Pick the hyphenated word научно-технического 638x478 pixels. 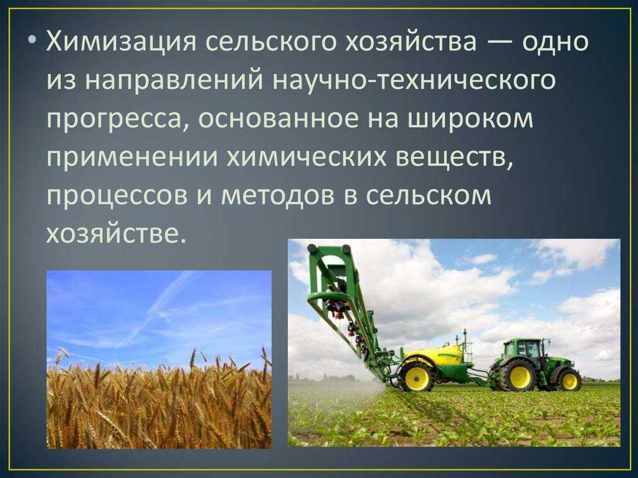[x=414, y=80]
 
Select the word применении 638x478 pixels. [x=132, y=158]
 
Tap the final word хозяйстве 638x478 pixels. [x=113, y=234]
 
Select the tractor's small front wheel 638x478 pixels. [x=569, y=380]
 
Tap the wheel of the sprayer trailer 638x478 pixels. [x=416, y=376]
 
